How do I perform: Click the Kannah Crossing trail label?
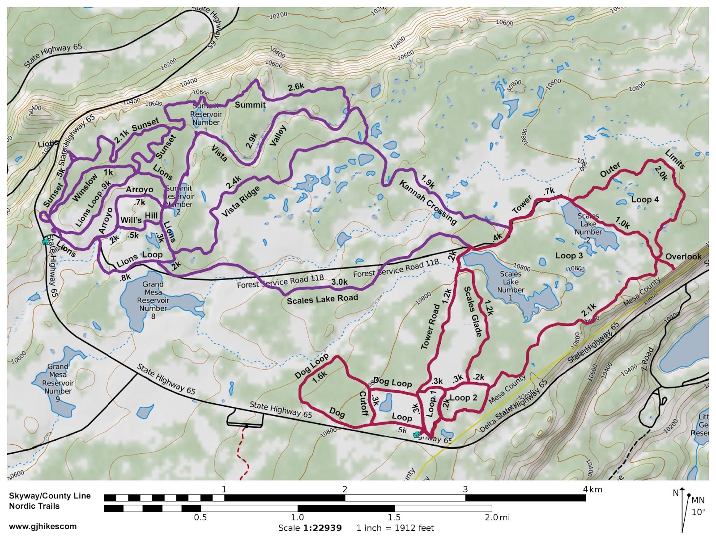(428, 202)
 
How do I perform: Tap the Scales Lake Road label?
(322, 299)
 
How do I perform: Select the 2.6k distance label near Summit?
(296, 87)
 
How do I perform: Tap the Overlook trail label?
(683, 257)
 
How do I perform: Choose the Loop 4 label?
(644, 199)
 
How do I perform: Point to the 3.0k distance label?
(339, 282)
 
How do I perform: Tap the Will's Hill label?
(139, 218)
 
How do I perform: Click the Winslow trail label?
(85, 187)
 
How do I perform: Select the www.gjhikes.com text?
(43, 526)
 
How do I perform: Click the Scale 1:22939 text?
(310, 528)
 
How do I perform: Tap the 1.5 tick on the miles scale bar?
(394, 518)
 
